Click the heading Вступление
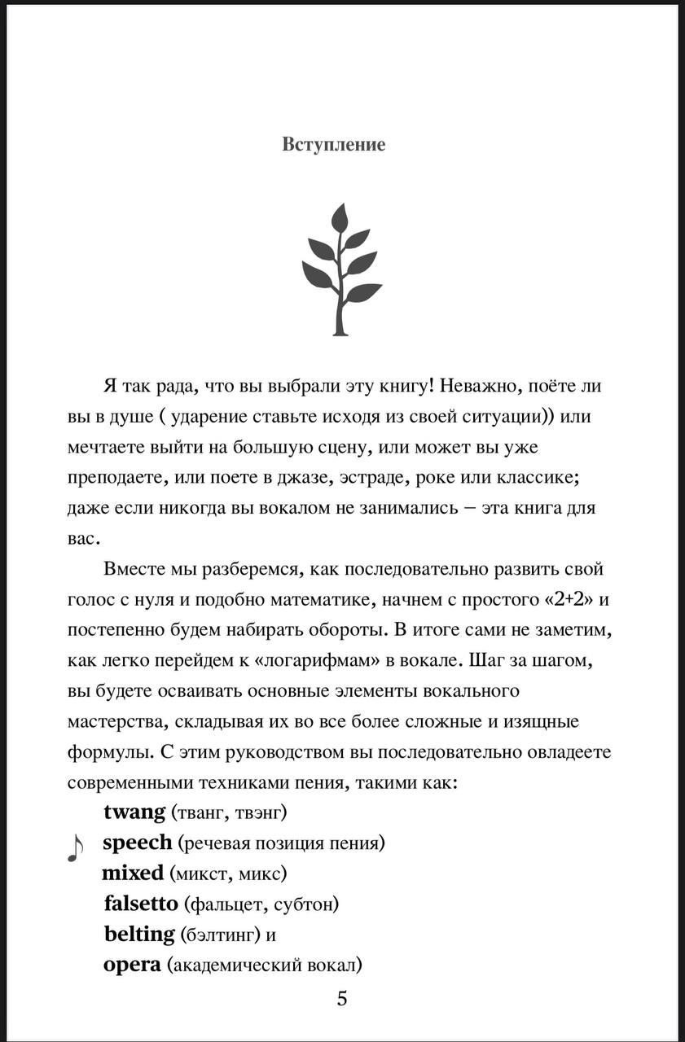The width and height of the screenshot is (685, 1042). (334, 144)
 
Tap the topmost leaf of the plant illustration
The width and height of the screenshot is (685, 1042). (340, 220)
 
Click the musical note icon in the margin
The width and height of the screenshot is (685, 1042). (74, 847)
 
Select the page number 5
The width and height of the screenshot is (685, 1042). (342, 998)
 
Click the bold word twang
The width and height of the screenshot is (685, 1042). (134, 812)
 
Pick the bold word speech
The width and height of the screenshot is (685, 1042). (138, 843)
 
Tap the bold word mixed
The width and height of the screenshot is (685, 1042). (133, 873)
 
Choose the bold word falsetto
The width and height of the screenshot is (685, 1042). (141, 904)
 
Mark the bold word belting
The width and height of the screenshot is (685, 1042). (139, 934)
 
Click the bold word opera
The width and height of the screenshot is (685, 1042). (132, 965)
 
